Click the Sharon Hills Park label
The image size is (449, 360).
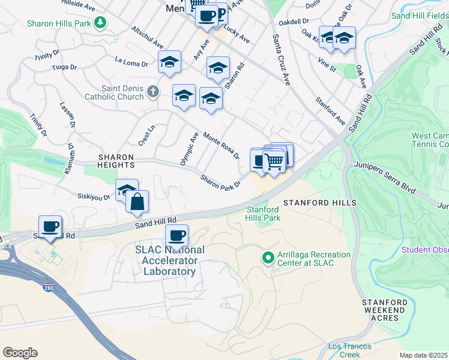pyautogui.click(x=58, y=23)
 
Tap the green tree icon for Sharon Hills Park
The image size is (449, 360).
pyautogui.click(x=101, y=23)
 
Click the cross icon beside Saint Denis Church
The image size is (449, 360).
pyautogui.click(x=153, y=92)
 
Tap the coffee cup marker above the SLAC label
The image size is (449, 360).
pyautogui.click(x=176, y=235)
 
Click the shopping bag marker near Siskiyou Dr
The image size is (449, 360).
pyautogui.click(x=137, y=202)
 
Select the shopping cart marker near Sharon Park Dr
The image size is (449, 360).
pyautogui.click(x=274, y=160)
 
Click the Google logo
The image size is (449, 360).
pyautogui.click(x=20, y=353)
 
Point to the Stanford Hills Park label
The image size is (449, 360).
pyautogui.click(x=264, y=214)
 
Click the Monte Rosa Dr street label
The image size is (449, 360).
pyautogui.click(x=221, y=146)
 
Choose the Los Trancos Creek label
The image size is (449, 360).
pyautogui.click(x=350, y=350)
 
